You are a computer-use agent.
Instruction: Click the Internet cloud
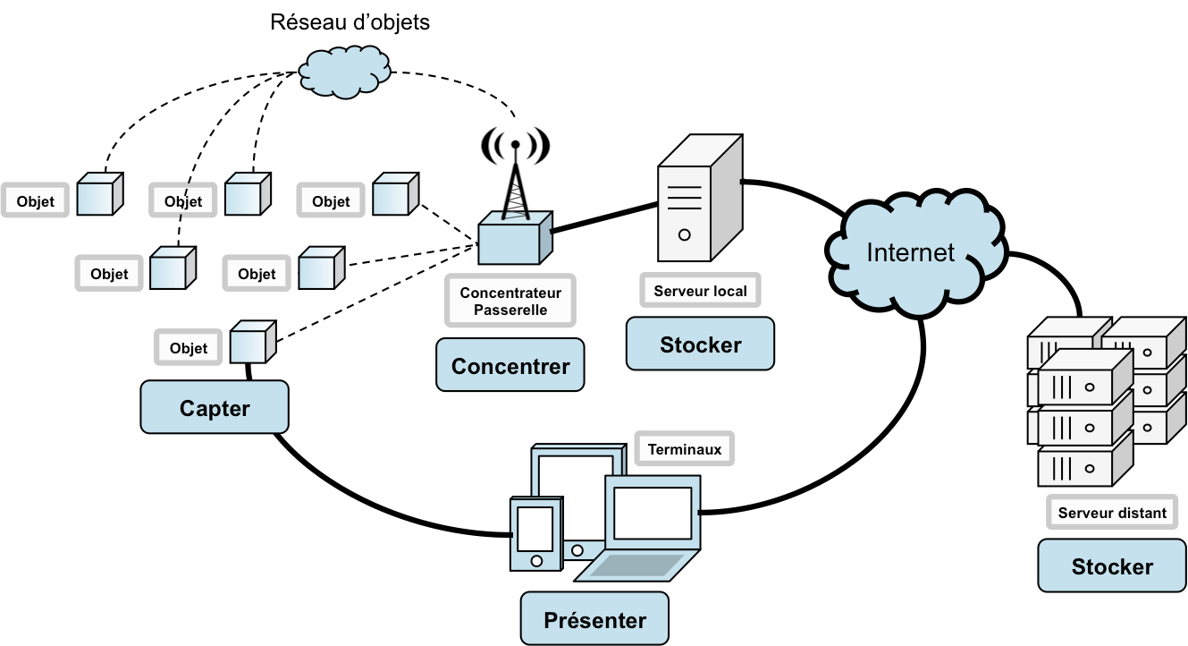[x=911, y=252]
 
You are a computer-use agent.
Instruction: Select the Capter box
[x=215, y=408]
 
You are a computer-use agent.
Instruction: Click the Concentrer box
[x=510, y=365]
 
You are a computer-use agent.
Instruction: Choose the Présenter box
[x=594, y=619]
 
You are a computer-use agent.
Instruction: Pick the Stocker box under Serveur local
[x=700, y=344]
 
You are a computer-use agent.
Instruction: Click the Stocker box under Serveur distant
[x=1112, y=566]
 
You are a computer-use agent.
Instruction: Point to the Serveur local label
[x=700, y=291]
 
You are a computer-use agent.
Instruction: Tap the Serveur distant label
[x=1112, y=513]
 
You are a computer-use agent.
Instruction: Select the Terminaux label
[x=685, y=449]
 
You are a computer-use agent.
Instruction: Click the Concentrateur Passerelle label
[x=510, y=302]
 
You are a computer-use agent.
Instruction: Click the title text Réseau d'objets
[x=350, y=22]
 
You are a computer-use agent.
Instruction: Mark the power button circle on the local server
[x=684, y=234]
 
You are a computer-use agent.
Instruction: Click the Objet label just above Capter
[x=188, y=348]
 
